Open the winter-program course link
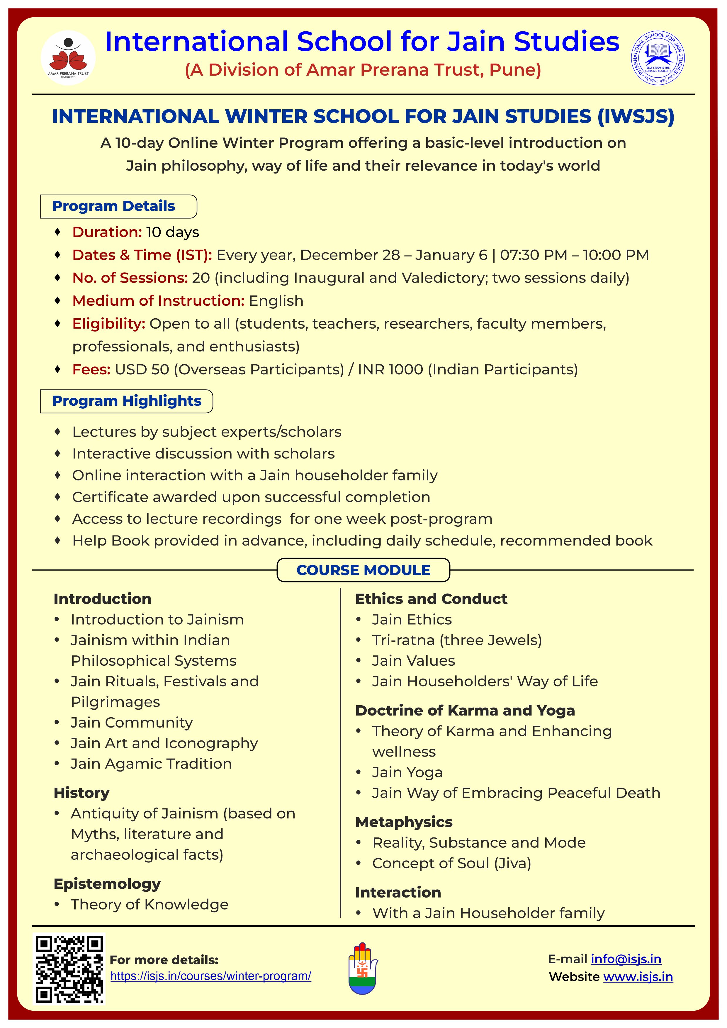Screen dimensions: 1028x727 click(210, 976)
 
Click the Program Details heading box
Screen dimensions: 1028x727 click(118, 206)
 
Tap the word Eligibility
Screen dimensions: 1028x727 click(109, 324)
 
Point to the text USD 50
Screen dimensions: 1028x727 click(142, 369)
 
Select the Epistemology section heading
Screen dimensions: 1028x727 click(107, 884)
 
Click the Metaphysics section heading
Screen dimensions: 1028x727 click(404, 822)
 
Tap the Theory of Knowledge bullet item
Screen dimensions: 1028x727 click(150, 904)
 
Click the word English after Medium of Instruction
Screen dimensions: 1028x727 click(276, 301)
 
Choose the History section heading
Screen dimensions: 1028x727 click(81, 793)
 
